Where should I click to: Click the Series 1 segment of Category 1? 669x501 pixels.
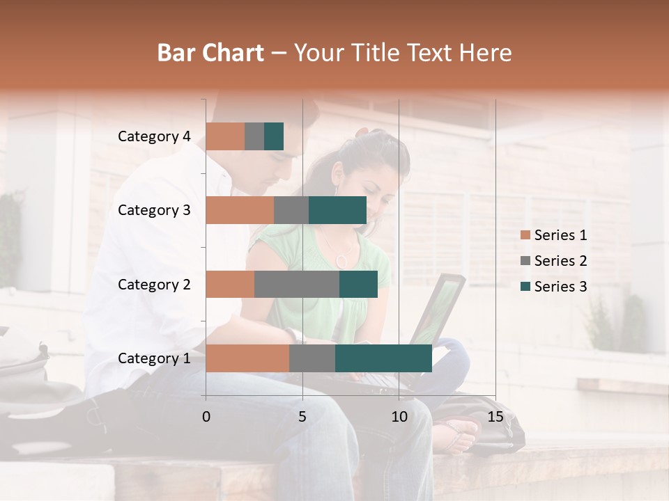[247, 358]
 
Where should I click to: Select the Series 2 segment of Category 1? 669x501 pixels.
[312, 358]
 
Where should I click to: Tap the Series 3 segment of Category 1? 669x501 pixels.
[383, 358]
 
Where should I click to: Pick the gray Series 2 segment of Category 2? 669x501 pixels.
[297, 284]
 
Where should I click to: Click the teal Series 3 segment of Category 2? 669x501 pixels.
[358, 284]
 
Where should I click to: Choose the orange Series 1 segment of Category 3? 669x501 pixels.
[240, 210]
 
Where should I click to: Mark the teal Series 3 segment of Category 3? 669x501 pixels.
[337, 210]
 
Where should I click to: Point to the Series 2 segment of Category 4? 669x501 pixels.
[254, 136]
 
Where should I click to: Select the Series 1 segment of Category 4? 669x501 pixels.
[225, 136]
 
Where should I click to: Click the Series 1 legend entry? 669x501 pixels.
[553, 235]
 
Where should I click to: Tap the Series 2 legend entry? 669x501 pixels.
[553, 261]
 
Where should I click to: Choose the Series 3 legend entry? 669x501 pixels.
[553, 287]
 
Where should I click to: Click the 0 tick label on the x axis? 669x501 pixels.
[206, 417]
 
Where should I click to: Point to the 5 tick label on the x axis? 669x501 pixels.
[302, 417]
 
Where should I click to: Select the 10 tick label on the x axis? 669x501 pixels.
[399, 417]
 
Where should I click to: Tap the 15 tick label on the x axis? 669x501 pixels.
[495, 417]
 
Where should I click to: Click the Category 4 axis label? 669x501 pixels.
[154, 136]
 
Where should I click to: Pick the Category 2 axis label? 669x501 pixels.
[154, 284]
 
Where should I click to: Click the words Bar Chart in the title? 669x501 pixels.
[210, 53]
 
